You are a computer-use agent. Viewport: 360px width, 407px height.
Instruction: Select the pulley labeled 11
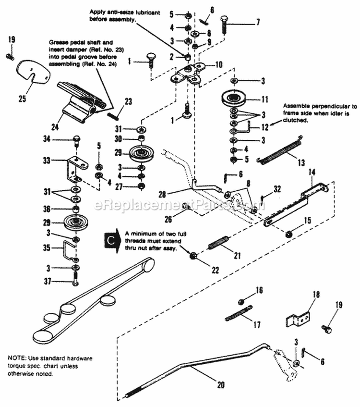(x=234, y=100)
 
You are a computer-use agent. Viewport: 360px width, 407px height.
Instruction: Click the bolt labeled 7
(x=226, y=23)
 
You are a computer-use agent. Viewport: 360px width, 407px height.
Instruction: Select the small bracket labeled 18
(x=298, y=318)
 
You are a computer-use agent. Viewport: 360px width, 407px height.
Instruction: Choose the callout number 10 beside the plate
(x=218, y=64)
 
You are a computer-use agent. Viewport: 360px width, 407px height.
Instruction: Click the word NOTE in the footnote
(x=18, y=358)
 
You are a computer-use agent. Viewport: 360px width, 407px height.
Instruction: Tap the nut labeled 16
(x=243, y=301)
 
